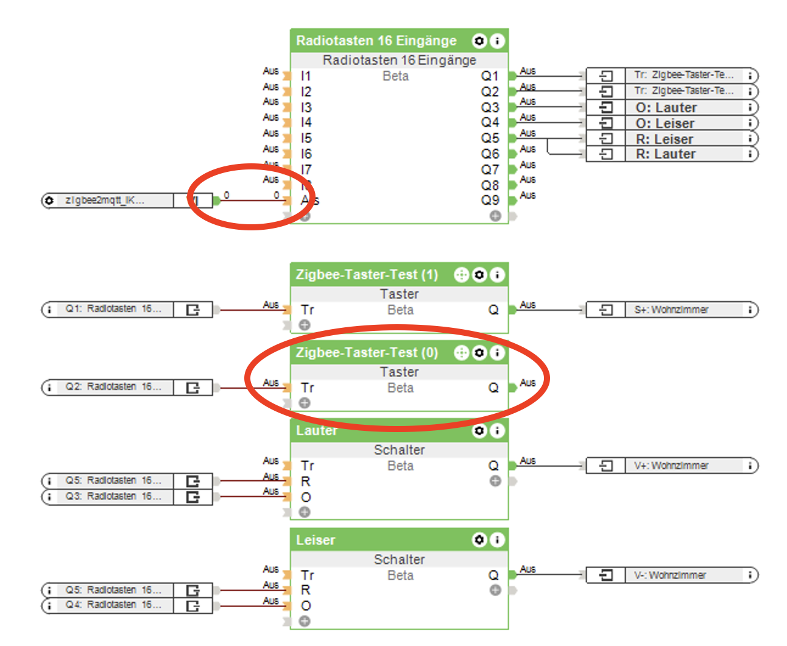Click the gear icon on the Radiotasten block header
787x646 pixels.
pos(479,41)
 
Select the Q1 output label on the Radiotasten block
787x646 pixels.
pos(489,76)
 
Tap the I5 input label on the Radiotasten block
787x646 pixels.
pos(306,138)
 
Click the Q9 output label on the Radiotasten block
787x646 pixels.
pos(489,201)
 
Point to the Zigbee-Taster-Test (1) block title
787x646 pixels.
pos(367,275)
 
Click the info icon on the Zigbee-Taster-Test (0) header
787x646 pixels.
pos(497,353)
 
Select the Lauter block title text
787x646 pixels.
pos(316,431)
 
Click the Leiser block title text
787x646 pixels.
pos(316,541)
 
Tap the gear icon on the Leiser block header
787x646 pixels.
pos(479,541)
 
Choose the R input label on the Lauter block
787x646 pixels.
pos(306,481)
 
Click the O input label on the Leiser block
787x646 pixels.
pos(306,606)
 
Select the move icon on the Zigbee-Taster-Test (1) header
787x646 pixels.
pos(462,275)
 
